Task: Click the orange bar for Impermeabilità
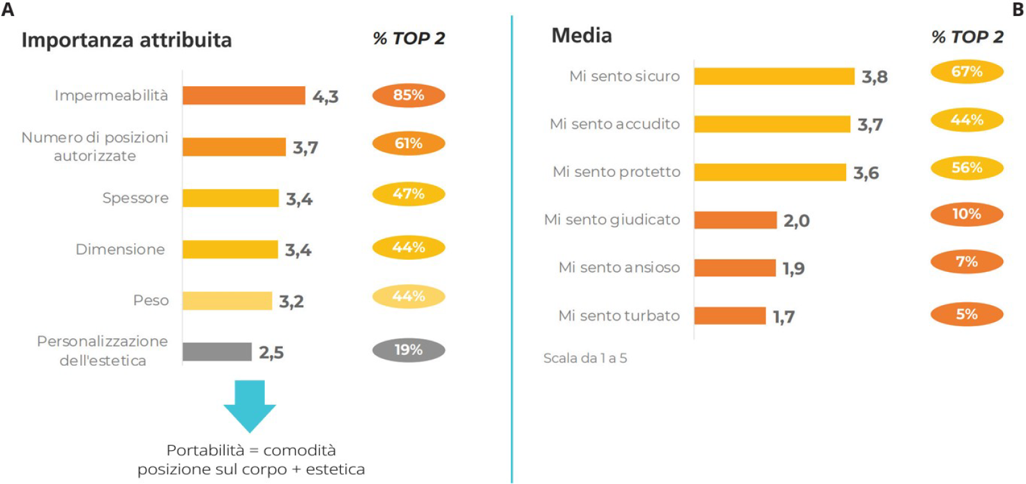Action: pos(243,95)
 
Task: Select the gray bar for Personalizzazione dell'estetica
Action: pos(216,351)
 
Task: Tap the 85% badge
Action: pos(409,95)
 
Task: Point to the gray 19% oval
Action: pos(409,350)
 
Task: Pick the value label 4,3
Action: pos(326,96)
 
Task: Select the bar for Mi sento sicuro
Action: pos(774,76)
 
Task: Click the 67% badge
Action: pos(967,72)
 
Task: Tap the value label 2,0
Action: pos(797,221)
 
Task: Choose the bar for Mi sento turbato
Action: pos(730,315)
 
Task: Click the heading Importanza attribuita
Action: pos(126,40)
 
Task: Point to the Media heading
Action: pos(582,36)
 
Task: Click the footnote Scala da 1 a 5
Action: pos(585,358)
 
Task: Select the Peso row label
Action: pos(151,300)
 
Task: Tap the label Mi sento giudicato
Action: pos(612,220)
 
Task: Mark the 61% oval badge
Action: pos(409,143)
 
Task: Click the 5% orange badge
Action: pos(967,314)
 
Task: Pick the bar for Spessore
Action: pos(230,198)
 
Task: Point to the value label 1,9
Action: pos(794,268)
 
